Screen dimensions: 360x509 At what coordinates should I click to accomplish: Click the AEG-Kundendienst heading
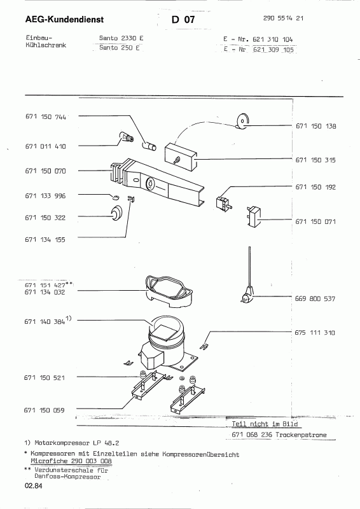(x=64, y=20)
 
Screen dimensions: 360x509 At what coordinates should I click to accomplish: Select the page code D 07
(x=183, y=20)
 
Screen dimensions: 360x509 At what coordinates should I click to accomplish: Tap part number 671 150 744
(x=46, y=117)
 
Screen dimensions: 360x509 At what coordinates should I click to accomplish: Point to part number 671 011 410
(x=45, y=146)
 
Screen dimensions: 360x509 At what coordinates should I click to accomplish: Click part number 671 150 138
(x=316, y=126)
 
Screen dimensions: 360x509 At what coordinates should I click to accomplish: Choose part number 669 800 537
(x=315, y=298)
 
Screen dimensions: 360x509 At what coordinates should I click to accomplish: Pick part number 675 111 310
(x=315, y=332)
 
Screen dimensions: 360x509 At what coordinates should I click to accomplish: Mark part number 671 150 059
(x=44, y=410)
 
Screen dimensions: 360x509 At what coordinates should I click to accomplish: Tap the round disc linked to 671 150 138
(x=242, y=122)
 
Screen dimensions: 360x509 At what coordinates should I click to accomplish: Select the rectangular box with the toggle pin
(x=181, y=157)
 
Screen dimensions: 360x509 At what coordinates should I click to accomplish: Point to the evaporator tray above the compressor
(x=169, y=291)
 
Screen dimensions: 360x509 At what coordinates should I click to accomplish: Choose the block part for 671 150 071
(x=253, y=216)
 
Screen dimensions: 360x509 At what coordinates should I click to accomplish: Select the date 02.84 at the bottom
(x=33, y=486)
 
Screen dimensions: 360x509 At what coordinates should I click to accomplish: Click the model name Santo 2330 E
(x=121, y=38)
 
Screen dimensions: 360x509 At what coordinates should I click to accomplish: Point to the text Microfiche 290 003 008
(x=71, y=461)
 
